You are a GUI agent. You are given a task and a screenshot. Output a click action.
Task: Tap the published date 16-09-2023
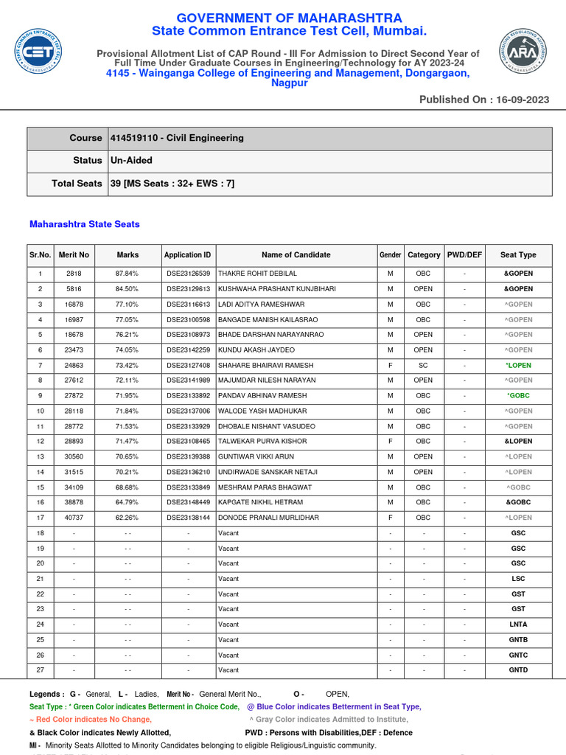(x=521, y=100)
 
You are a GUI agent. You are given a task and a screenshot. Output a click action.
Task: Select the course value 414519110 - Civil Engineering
(x=177, y=138)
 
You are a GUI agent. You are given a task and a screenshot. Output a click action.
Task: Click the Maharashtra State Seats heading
(x=85, y=224)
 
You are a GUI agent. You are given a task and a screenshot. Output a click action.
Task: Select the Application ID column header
(x=188, y=255)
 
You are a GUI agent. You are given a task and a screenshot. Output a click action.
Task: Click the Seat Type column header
(x=518, y=255)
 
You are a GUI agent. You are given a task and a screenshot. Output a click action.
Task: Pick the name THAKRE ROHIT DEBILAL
(x=258, y=274)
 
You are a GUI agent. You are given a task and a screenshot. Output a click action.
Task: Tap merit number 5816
(x=74, y=289)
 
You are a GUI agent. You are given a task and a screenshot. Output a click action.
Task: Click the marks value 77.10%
(x=127, y=304)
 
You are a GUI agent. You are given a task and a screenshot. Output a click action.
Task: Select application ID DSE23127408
(x=188, y=365)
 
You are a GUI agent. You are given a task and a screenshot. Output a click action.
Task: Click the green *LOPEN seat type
(x=518, y=365)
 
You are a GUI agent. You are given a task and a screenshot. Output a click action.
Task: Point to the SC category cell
(x=424, y=365)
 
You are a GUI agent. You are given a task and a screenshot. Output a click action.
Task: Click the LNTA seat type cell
(x=518, y=624)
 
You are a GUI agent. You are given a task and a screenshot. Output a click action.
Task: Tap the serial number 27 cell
(x=41, y=670)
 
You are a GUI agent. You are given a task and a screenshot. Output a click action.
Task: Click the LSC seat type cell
(x=518, y=579)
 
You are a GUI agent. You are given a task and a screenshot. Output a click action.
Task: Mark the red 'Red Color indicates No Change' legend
(x=91, y=720)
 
